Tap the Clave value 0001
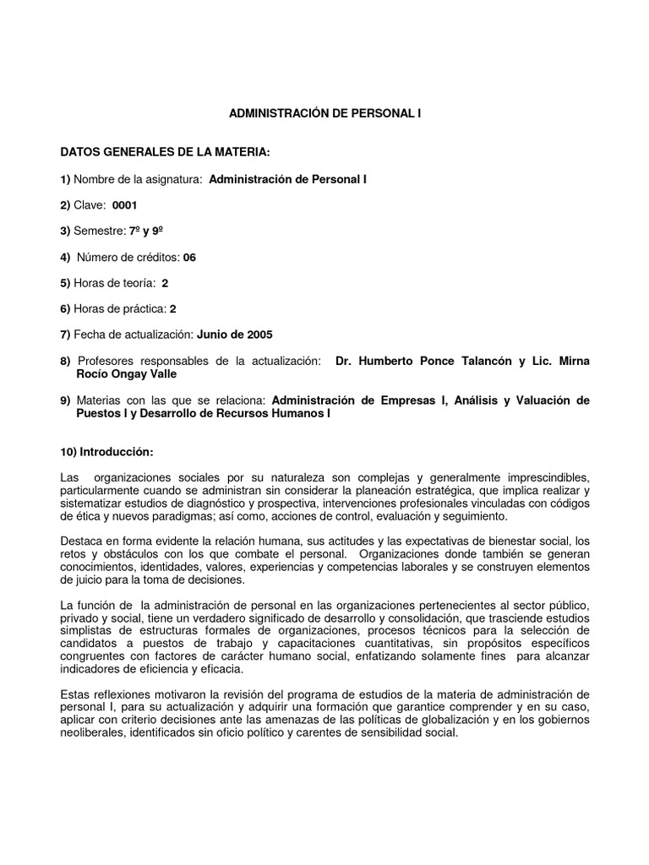[x=124, y=205]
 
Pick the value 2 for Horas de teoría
[x=165, y=283]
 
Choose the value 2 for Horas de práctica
[x=172, y=309]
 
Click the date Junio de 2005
[x=235, y=335]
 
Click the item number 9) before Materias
[x=65, y=400]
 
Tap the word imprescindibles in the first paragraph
[x=544, y=477]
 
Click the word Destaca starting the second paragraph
[x=81, y=540]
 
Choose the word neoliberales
[x=95, y=733]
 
